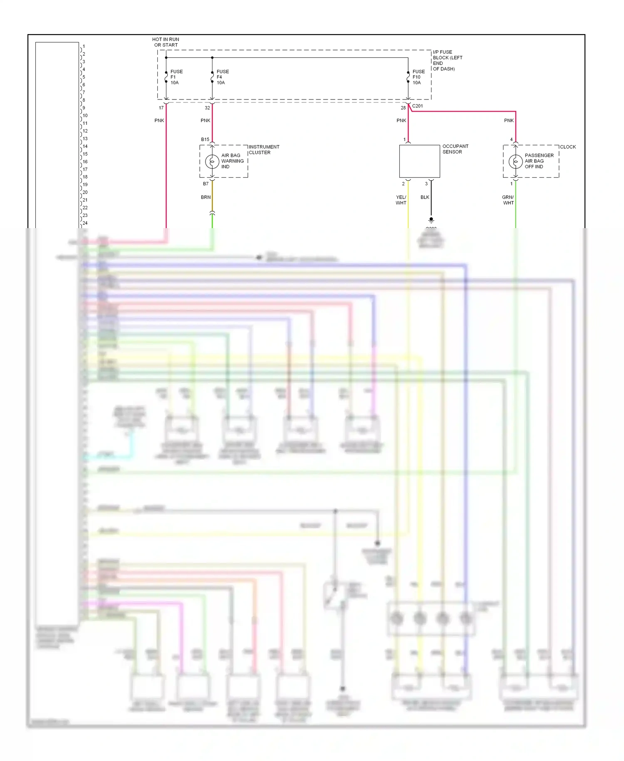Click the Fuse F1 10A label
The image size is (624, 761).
click(176, 77)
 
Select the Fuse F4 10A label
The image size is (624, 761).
click(222, 77)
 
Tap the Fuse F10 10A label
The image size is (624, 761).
click(418, 77)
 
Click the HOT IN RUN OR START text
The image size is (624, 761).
click(166, 42)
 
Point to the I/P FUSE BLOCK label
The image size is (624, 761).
click(447, 60)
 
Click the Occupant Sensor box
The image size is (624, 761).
click(419, 161)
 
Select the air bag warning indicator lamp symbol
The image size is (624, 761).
click(212, 161)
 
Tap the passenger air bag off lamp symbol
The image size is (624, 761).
click(515, 161)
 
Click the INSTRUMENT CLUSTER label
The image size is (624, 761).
click(264, 149)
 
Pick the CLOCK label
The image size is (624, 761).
click(567, 147)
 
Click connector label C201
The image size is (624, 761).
click(417, 106)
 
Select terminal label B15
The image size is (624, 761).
click(205, 139)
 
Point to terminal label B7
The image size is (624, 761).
click(206, 184)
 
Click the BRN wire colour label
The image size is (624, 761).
click(206, 197)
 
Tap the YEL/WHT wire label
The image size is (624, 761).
click(401, 200)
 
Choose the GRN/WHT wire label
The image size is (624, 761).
click(508, 200)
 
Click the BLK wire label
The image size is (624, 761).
click(425, 197)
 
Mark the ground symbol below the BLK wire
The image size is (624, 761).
click(431, 219)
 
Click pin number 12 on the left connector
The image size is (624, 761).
click(85, 131)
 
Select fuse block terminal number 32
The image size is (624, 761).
click(207, 108)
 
